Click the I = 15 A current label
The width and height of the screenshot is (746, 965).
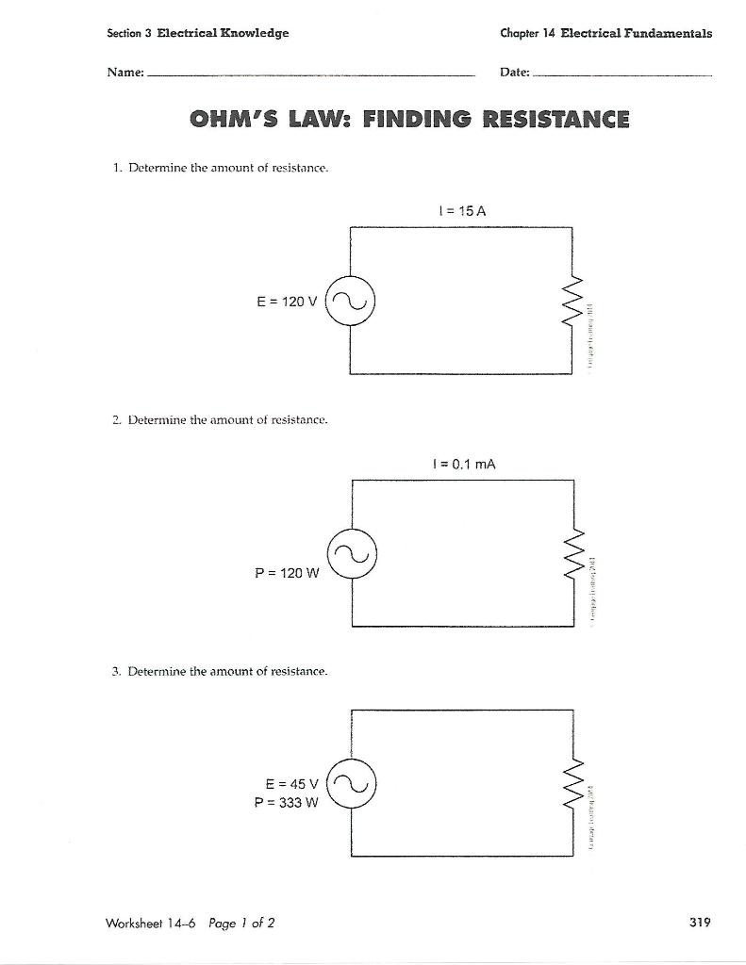click(461, 211)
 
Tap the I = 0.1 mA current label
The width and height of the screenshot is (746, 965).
click(462, 464)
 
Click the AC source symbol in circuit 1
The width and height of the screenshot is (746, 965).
click(351, 301)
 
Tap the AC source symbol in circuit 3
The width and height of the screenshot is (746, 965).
click(351, 783)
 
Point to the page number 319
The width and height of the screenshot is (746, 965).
click(699, 923)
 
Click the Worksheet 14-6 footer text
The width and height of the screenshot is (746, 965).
click(144, 923)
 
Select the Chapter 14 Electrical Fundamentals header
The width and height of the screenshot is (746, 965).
click(605, 33)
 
